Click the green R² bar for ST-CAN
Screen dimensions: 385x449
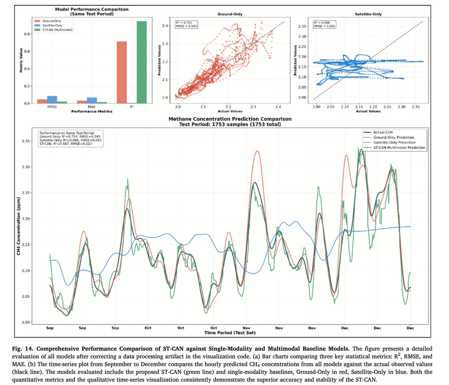point(141,62)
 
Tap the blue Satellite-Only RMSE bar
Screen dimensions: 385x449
point(52,99)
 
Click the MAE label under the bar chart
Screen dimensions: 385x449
point(92,107)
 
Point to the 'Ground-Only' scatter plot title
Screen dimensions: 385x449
point(230,14)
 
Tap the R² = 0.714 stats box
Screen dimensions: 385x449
point(187,24)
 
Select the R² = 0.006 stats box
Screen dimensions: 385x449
point(324,24)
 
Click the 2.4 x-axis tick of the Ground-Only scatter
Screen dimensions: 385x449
point(277,107)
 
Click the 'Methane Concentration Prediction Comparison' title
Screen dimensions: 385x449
point(230,119)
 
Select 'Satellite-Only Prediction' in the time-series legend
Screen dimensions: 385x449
point(394,142)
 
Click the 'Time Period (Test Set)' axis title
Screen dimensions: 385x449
point(230,332)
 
